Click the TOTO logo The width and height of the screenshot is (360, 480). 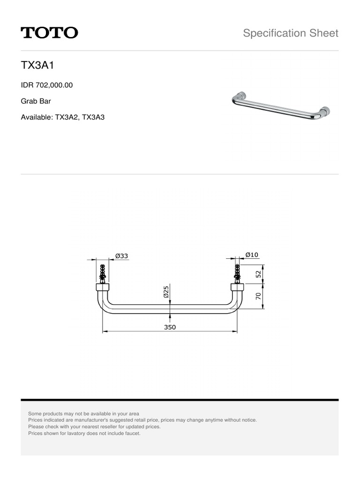49,33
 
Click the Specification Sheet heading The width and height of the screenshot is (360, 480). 291,33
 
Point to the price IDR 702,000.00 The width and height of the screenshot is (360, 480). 47,85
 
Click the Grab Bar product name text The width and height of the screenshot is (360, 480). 36,101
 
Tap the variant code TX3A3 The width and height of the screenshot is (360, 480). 93,117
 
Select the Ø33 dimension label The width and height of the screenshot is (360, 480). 122,256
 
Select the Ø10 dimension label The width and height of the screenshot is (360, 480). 252,255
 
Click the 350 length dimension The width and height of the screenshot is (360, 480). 170,328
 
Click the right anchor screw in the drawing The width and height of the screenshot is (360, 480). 237,273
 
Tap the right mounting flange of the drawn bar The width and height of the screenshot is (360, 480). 237,287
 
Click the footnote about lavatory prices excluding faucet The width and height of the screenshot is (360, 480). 84,434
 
